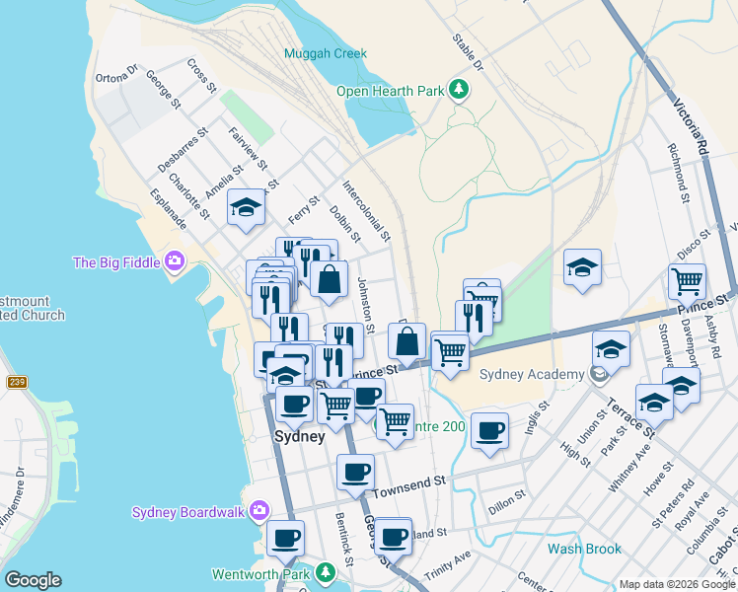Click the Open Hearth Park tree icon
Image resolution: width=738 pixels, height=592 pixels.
(x=458, y=91)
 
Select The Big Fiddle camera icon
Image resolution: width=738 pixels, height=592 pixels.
(x=175, y=261)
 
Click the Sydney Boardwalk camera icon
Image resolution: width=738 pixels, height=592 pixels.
(x=259, y=510)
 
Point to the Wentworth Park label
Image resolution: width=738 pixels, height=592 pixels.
(x=260, y=573)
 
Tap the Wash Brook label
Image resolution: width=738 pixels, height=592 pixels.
(x=585, y=549)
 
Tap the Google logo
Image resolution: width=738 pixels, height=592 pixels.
(x=33, y=580)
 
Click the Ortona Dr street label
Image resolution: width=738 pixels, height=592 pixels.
(x=116, y=75)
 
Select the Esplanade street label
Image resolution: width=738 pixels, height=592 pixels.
(x=169, y=211)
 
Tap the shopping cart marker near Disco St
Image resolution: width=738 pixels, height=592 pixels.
(x=687, y=280)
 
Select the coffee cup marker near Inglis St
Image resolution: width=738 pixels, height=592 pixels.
(x=489, y=430)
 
